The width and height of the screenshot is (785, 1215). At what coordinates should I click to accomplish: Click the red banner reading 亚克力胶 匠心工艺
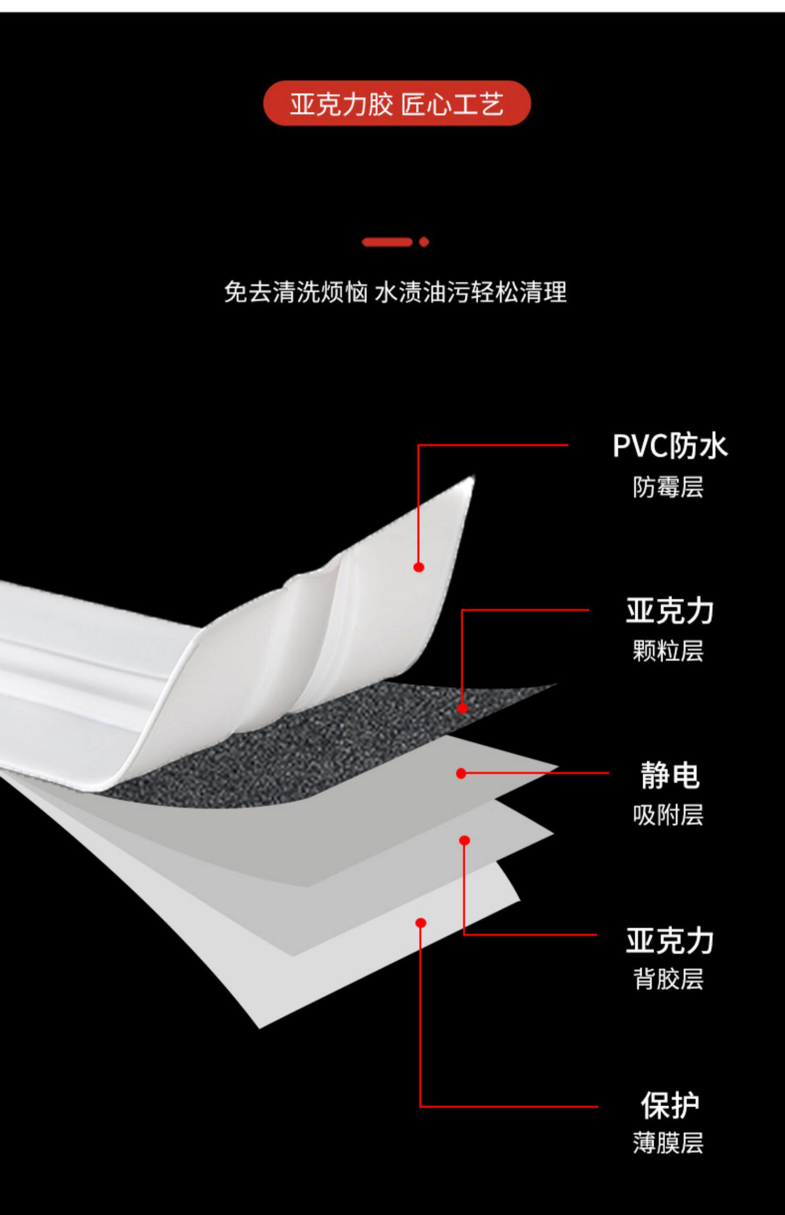point(397,103)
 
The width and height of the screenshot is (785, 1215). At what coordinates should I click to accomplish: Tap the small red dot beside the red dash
point(424,242)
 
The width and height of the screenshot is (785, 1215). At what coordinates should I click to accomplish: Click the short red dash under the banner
point(387,242)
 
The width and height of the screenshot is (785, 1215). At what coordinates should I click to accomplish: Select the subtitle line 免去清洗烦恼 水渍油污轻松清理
point(395,292)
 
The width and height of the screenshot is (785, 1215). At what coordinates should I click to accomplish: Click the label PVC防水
point(669,446)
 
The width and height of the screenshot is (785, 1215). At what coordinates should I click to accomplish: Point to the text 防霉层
point(668,487)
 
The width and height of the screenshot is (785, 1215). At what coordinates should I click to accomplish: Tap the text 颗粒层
point(668,651)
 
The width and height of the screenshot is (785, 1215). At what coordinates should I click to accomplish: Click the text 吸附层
point(668,815)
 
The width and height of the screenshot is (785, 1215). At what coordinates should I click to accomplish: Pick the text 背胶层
point(668,978)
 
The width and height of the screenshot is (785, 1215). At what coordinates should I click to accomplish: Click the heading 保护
point(669,1105)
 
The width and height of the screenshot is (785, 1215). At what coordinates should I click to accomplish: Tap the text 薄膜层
point(668,1143)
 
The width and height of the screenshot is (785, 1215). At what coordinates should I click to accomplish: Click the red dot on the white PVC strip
point(419,567)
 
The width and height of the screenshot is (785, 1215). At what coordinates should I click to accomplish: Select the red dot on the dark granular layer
point(462,708)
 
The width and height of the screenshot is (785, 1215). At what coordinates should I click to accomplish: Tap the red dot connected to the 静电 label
point(461,773)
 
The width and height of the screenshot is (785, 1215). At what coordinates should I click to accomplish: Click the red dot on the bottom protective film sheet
point(421,923)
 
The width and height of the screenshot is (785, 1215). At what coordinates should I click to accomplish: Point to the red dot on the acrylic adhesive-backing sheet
point(464,841)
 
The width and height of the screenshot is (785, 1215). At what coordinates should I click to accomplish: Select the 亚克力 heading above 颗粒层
point(669,611)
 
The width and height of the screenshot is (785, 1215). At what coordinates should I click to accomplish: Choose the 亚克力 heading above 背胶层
point(669,940)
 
